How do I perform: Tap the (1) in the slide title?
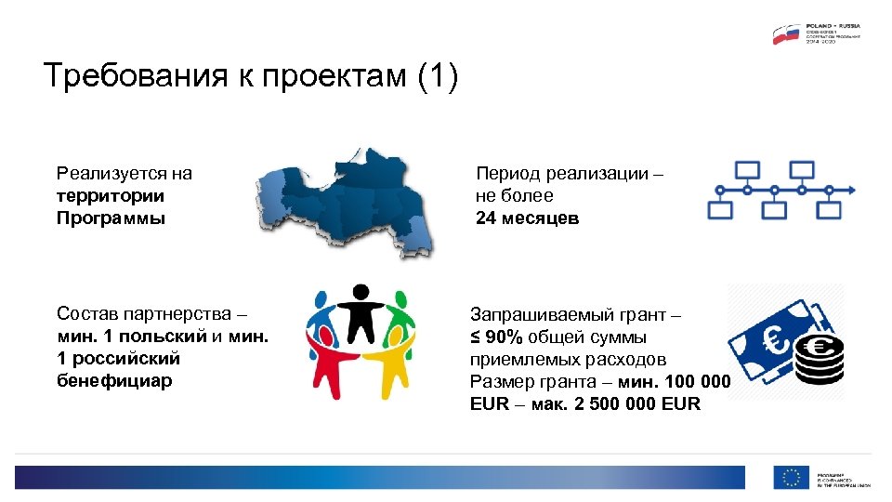pyautogui.click(x=439, y=76)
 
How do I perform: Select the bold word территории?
pyautogui.click(x=110, y=196)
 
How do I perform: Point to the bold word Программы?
pyautogui.click(x=111, y=219)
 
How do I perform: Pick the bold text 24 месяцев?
pyautogui.click(x=527, y=219)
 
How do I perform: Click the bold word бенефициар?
pyautogui.click(x=114, y=381)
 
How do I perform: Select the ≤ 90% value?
pyautogui.click(x=497, y=337)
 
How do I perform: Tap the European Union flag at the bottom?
pyautogui.click(x=791, y=477)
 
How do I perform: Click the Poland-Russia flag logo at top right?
pyautogui.click(x=786, y=34)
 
